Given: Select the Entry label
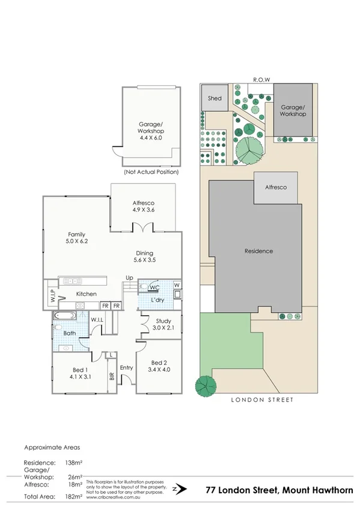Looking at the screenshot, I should (127, 367).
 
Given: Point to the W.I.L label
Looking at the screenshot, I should (99, 319).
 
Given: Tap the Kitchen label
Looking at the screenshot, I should (86, 293).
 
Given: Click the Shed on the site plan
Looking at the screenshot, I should (215, 98).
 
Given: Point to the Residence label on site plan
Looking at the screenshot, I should (258, 251).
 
